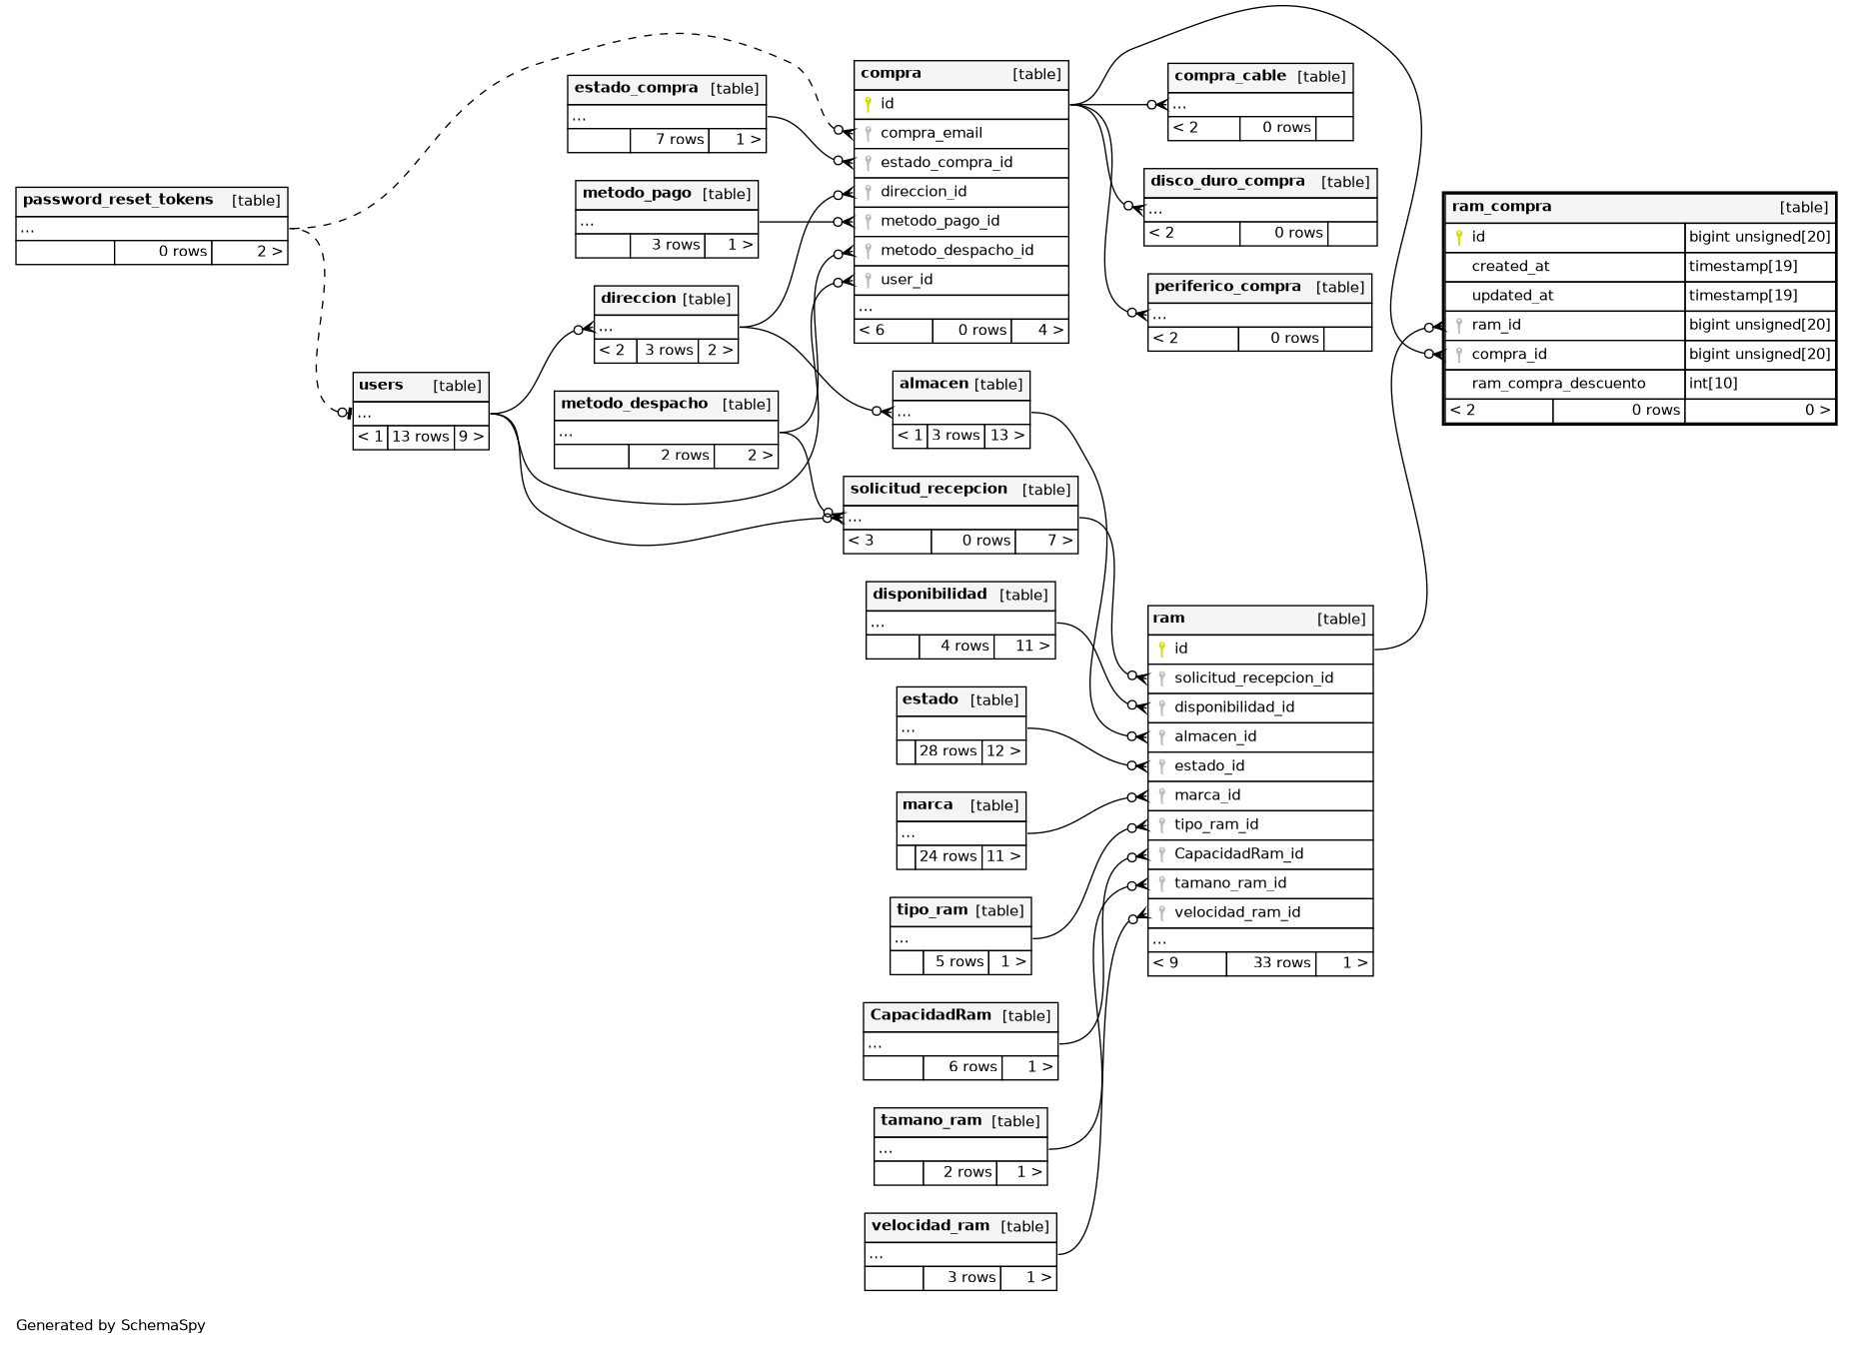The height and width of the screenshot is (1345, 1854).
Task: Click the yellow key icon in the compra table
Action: click(868, 104)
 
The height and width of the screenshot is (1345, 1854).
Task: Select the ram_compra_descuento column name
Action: click(1557, 384)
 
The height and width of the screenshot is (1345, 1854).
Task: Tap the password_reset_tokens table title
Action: click(118, 200)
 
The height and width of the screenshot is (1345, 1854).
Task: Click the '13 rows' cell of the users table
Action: click(420, 437)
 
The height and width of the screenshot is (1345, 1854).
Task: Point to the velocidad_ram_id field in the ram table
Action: click(1236, 912)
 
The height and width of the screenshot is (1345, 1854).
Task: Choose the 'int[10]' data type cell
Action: click(1713, 384)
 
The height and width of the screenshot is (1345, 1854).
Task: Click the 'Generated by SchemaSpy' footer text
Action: click(111, 1325)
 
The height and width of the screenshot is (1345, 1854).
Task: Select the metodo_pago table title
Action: click(637, 193)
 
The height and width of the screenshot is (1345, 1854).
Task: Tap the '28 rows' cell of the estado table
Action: click(947, 751)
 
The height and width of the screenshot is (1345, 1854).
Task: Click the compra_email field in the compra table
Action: click(930, 133)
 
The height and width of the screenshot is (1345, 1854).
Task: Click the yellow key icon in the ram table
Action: click(1161, 649)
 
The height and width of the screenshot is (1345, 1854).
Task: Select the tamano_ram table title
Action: click(930, 1120)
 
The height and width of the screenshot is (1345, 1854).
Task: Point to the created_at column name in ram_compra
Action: click(1510, 267)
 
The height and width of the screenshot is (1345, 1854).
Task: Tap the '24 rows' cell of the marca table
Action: click(947, 856)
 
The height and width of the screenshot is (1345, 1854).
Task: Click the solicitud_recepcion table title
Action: click(928, 489)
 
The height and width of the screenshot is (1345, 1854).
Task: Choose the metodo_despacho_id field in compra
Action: click(956, 251)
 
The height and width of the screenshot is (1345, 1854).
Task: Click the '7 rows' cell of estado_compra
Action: click(679, 140)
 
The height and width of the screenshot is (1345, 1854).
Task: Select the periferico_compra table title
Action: click(1227, 287)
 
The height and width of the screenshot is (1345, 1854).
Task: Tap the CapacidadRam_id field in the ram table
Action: click(1238, 854)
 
